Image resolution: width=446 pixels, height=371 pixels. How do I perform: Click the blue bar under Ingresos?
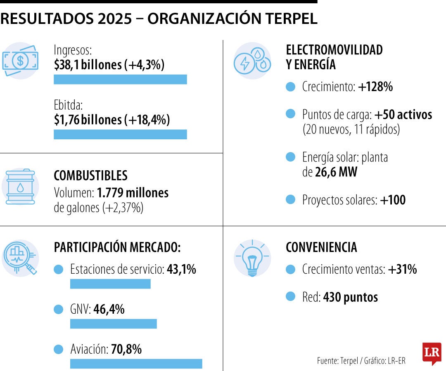pos(120,80)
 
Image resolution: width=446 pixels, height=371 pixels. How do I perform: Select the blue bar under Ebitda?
pos(120,134)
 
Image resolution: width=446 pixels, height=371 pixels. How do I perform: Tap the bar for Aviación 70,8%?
pos(136,364)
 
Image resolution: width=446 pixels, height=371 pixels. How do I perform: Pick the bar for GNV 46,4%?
pos(113,324)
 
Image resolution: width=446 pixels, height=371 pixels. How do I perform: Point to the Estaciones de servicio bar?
pos(110,284)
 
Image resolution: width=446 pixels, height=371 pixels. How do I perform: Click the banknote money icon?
pos(20,61)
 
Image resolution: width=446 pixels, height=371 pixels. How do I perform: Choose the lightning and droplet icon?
pos(252,61)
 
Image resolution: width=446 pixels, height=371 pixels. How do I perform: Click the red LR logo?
pos(432,353)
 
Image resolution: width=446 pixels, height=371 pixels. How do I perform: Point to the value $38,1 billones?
pos(88,65)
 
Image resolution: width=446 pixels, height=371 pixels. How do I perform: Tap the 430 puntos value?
pos(351,297)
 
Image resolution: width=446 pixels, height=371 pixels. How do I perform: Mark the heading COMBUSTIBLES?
pos(90,176)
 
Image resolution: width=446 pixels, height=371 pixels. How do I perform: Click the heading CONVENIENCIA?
pos(321,247)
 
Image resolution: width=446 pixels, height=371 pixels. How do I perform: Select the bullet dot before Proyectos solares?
pos(291,200)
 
